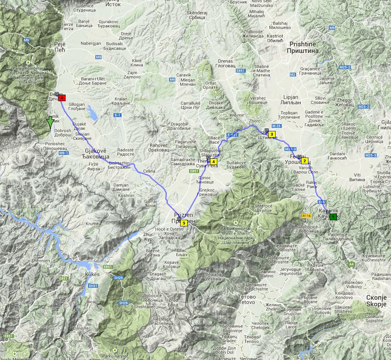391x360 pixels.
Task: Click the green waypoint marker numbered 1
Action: [333, 217]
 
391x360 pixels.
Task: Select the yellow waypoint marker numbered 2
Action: [305, 161]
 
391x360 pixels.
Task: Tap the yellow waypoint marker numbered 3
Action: [272, 134]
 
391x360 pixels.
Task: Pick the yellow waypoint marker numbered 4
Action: [213, 161]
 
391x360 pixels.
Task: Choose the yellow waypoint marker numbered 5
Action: [184, 223]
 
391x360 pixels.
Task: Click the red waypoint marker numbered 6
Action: [62, 98]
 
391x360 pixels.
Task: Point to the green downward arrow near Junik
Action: [50, 122]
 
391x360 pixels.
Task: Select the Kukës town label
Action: [92, 274]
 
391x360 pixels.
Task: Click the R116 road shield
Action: [306, 216]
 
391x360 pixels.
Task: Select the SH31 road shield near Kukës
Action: [93, 285]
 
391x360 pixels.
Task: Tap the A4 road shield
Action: [351, 264]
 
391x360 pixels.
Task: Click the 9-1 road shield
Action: [117, 115]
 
